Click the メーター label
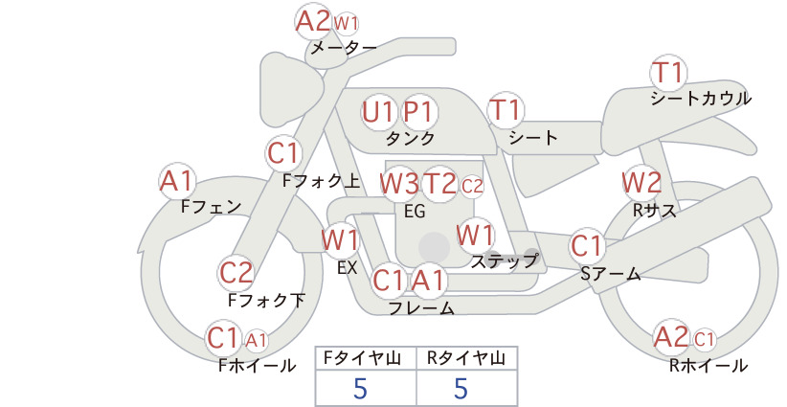[344, 48]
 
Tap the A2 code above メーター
[313, 22]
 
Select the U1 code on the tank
[378, 112]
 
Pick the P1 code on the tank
[418, 112]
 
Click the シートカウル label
[701, 99]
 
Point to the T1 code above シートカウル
[667, 72]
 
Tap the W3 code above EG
[399, 184]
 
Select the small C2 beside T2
[472, 186]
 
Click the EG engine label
[415, 212]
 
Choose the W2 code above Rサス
[641, 183]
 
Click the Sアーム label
[611, 274]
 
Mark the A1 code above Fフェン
[177, 181]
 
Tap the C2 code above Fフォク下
[236, 273]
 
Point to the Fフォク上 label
[322, 181]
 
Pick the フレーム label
[421, 308]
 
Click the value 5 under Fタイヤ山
[360, 388]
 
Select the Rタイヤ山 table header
[466, 358]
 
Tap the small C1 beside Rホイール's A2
[704, 340]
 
